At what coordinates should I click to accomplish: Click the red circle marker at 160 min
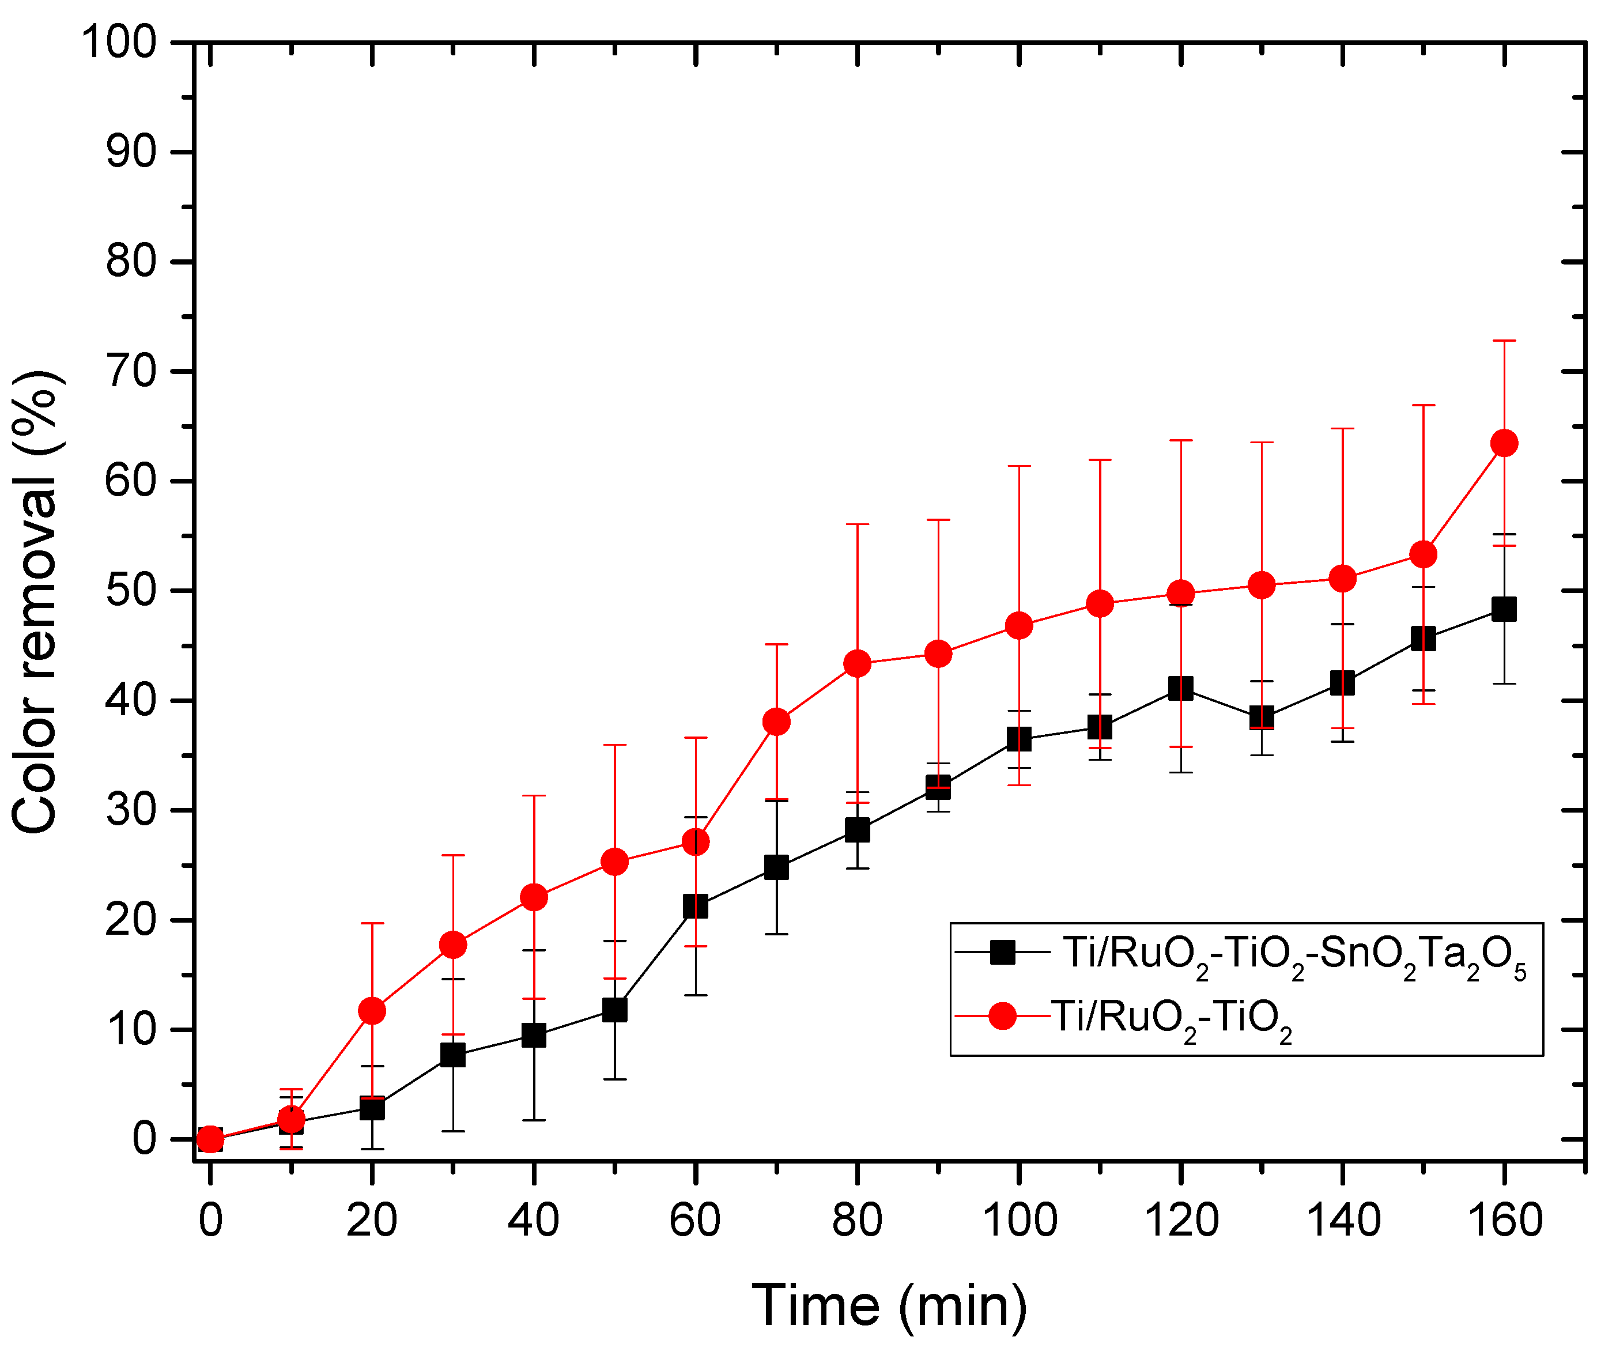point(1504,443)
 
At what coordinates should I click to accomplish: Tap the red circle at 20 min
point(372,1011)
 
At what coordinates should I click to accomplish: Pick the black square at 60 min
point(695,907)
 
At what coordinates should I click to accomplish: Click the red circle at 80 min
point(857,663)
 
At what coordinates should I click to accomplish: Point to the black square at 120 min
point(1180,688)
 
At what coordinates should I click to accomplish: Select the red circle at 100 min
point(1019,626)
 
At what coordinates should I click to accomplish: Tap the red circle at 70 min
point(776,722)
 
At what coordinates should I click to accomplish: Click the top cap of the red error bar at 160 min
point(1504,340)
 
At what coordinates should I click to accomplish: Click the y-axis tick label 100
point(119,41)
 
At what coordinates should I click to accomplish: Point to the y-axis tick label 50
point(131,591)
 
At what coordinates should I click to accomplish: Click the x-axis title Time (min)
point(889,1305)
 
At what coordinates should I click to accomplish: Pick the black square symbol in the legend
point(1003,952)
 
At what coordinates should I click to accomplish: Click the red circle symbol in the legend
point(1003,1017)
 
